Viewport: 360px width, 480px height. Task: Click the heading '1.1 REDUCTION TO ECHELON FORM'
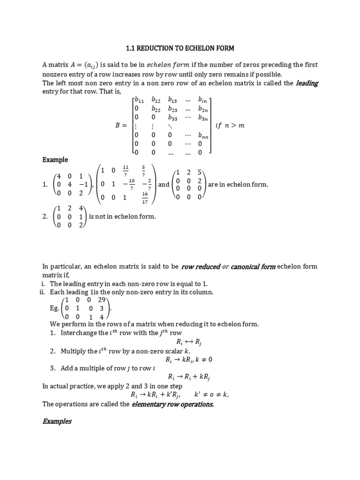point(180,48)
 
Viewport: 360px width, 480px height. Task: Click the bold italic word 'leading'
point(307,83)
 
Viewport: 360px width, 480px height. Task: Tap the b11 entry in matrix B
point(139,99)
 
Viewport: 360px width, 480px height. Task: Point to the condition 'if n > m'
point(230,126)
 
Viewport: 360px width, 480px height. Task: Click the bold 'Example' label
point(55,160)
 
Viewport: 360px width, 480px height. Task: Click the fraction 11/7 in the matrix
point(126,170)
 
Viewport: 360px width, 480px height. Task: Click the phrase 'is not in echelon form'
point(122,216)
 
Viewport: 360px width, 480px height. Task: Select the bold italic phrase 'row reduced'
point(201,267)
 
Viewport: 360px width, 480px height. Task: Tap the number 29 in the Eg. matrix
point(101,300)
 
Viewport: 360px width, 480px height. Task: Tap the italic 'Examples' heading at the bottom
point(57,421)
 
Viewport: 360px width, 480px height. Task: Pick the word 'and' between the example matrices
point(164,185)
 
